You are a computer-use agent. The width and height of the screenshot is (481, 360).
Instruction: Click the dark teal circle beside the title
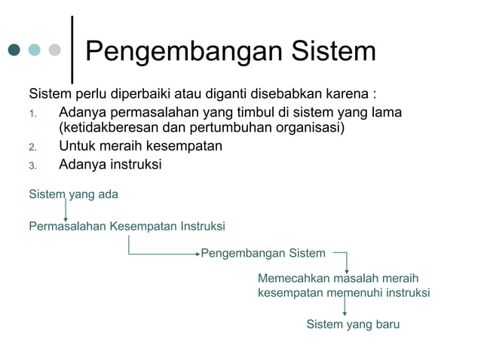pos(14,50)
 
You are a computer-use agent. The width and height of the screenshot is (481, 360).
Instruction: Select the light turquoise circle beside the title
pos(34,50)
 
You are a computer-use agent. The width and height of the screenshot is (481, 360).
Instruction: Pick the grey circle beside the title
pos(54,50)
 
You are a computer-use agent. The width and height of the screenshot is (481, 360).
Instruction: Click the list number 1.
pos(32,114)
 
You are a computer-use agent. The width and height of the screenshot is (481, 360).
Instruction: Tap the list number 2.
pos(32,147)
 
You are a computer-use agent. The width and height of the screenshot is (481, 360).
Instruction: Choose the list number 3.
pos(32,166)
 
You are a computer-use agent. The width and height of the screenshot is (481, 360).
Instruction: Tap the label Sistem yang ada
pos(73,194)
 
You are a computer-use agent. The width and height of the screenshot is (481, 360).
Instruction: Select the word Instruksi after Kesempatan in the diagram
pos(200,226)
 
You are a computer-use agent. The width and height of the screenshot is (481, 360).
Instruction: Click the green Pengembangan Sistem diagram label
pos(263,253)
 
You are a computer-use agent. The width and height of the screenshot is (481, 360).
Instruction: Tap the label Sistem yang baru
pos(353,325)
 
